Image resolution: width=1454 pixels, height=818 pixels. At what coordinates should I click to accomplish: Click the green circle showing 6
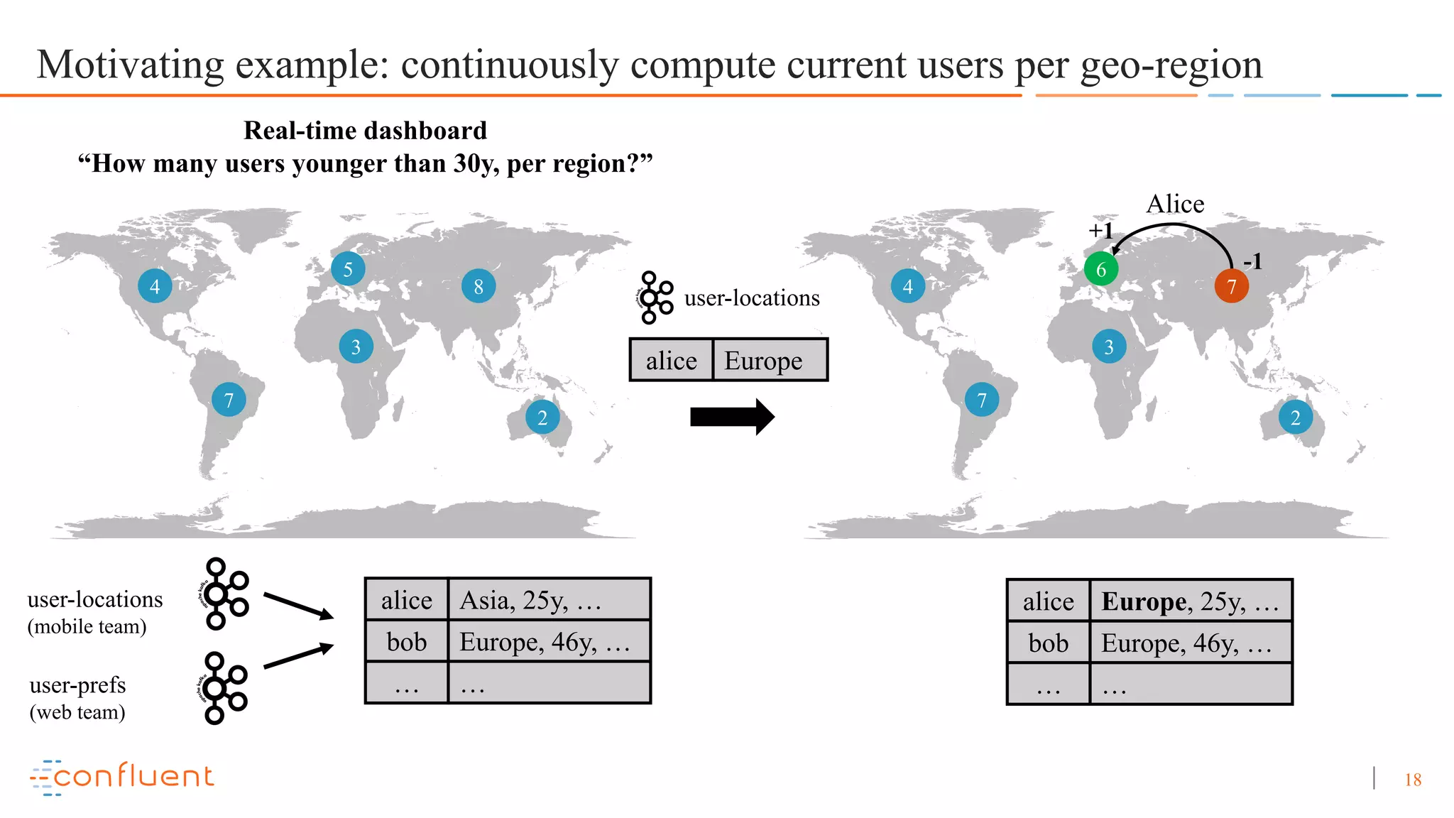point(1100,269)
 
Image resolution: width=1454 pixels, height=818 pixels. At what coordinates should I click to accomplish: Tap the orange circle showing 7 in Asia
point(1231,286)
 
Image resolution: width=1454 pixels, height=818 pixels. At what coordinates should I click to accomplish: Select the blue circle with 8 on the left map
point(479,286)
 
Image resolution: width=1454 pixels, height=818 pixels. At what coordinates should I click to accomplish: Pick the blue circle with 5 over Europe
point(348,269)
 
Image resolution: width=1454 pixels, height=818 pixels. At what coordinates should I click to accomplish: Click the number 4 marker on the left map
point(155,286)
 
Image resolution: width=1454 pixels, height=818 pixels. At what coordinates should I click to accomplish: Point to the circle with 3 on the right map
point(1109,347)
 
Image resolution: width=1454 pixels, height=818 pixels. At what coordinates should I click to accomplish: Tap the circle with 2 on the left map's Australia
point(542,418)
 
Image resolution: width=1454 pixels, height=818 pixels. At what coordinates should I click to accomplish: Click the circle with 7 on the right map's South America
point(982,400)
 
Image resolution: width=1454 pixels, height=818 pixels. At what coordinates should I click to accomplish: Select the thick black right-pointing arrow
point(731,417)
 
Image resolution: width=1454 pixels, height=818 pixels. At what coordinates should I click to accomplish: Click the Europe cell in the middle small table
point(769,361)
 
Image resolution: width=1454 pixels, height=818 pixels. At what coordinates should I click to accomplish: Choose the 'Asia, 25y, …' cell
point(549,600)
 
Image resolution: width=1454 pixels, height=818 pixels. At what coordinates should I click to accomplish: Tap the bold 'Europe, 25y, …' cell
point(1190,601)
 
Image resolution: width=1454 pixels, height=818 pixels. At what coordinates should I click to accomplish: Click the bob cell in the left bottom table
point(407,642)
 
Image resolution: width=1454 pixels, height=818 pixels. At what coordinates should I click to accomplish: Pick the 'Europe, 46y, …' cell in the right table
point(1190,643)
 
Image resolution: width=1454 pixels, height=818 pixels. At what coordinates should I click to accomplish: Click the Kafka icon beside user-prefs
point(222,687)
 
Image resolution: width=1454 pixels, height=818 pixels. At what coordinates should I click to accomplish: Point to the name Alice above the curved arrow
point(1175,204)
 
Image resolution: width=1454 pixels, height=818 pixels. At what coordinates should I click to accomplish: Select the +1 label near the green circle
point(1100,230)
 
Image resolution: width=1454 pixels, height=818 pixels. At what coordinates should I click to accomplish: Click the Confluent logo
point(122,777)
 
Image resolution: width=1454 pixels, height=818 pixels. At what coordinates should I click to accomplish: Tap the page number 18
point(1413,780)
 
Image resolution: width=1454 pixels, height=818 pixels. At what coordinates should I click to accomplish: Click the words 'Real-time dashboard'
point(365,131)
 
